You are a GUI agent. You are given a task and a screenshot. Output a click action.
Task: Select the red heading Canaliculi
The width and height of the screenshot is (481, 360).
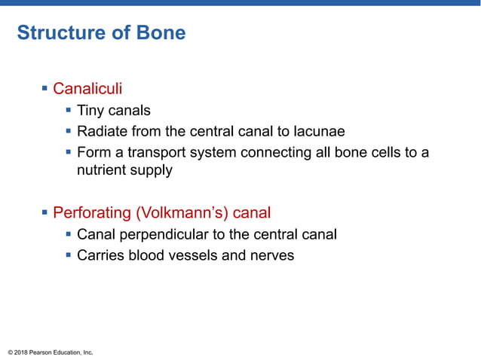pyautogui.click(x=87, y=90)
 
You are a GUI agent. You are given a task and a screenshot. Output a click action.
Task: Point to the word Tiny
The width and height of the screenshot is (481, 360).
pyautogui.click(x=92, y=111)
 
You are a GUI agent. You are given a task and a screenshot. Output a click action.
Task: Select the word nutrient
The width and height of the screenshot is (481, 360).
pyautogui.click(x=103, y=170)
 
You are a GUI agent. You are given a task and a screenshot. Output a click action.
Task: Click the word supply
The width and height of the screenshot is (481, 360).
pyautogui.click(x=152, y=171)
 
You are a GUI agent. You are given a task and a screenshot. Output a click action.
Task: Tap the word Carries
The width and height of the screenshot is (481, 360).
pyautogui.click(x=102, y=255)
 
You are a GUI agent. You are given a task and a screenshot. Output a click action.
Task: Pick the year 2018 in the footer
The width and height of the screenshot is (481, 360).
pyautogui.click(x=22, y=352)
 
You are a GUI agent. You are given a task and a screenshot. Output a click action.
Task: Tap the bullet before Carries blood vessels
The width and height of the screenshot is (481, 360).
pyautogui.click(x=69, y=255)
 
